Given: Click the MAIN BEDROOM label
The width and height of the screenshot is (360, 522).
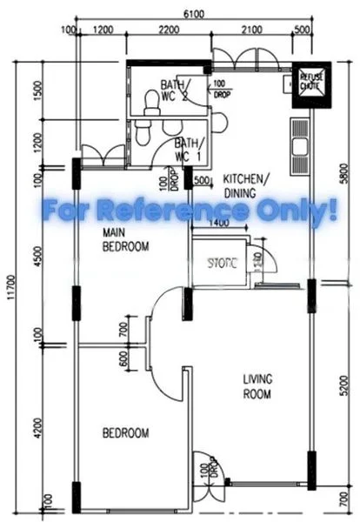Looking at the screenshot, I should point(126,239).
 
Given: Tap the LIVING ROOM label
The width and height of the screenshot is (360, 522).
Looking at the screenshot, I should point(257,385).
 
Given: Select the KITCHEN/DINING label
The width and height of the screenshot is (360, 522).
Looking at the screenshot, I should point(246,184).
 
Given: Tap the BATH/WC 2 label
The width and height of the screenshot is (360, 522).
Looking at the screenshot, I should point(178,92).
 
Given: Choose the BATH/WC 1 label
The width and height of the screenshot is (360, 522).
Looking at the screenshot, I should point(190,150).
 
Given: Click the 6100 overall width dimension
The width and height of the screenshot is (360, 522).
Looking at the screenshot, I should point(194,13).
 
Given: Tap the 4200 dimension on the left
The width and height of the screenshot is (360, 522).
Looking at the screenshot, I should point(37,426).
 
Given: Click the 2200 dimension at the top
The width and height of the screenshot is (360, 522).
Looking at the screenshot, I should point(170,32).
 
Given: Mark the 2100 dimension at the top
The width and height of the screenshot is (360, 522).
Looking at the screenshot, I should point(251,32).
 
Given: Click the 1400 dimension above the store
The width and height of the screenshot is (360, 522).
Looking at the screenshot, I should point(219,224).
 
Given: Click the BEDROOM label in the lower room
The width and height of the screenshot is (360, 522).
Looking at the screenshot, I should point(125,432).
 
